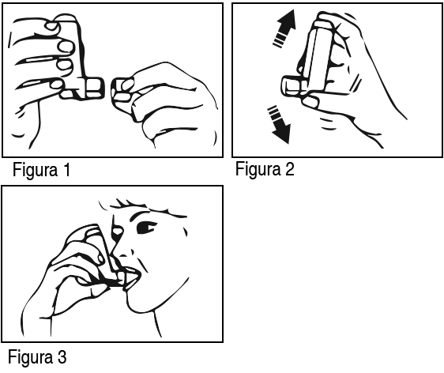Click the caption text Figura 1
click(x=41, y=170)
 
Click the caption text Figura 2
click(x=265, y=169)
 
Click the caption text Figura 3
click(x=37, y=357)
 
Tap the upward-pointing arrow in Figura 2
click(x=284, y=28)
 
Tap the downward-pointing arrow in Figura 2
click(x=280, y=125)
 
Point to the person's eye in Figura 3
click(x=146, y=228)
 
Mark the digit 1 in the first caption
click(x=67, y=170)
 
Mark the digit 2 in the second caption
click(x=289, y=169)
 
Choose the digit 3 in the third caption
click(x=62, y=357)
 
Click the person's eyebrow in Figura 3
click(x=139, y=214)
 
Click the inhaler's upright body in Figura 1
click(x=74, y=48)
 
